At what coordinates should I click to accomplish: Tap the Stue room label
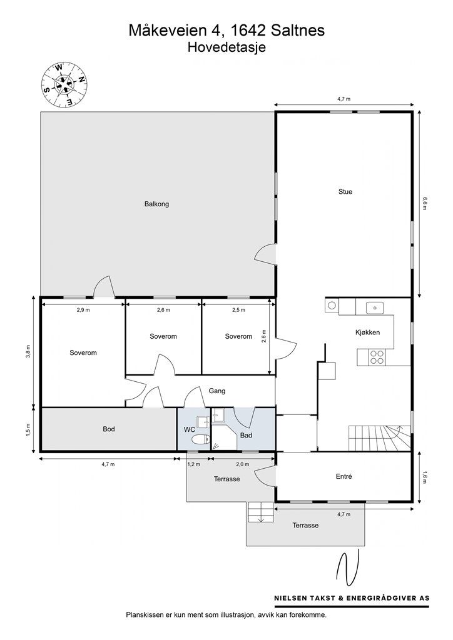point(345,192)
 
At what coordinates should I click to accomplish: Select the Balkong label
point(156,204)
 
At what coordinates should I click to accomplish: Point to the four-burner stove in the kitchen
point(377,357)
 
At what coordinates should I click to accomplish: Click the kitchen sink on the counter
point(375,307)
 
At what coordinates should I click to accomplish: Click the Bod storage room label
point(109,429)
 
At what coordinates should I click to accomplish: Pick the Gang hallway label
point(216,391)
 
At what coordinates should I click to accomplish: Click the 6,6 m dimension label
point(425,204)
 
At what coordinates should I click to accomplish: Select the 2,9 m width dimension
point(83,310)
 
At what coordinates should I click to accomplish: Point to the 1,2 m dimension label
point(193,464)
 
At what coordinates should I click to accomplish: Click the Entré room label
point(344,476)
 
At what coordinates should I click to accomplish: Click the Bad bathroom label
point(246,435)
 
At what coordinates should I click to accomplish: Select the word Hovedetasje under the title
point(226,47)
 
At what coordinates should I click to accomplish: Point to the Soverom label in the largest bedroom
point(83,352)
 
